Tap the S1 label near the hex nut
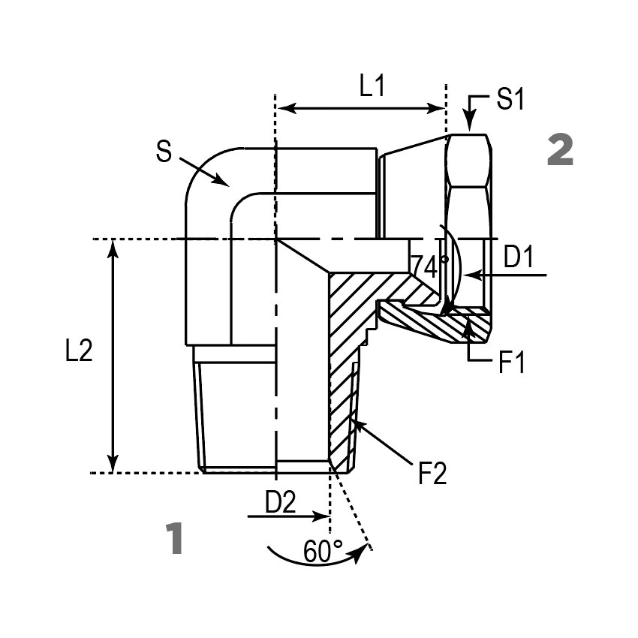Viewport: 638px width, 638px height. pyautogui.click(x=510, y=99)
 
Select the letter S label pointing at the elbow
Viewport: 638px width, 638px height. pyautogui.click(x=164, y=152)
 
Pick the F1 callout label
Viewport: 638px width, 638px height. pyautogui.click(x=511, y=363)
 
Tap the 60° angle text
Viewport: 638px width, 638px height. pyautogui.click(x=324, y=552)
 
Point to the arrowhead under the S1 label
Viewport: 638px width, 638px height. pyautogui.click(x=469, y=128)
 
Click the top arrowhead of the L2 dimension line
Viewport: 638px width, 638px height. pyautogui.click(x=113, y=246)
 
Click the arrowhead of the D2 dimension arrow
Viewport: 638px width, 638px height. pyautogui.click(x=324, y=516)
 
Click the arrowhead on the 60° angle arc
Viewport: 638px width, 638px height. pyautogui.click(x=366, y=549)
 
